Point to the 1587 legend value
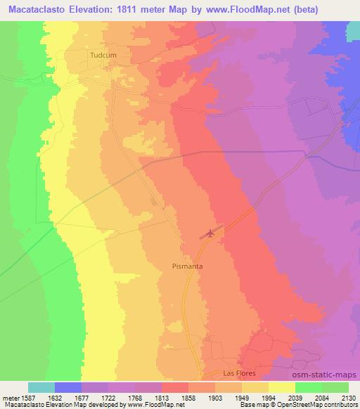pyautogui.click(x=27, y=396)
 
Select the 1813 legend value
pyautogui.click(x=162, y=396)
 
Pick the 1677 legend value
pyautogui.click(x=82, y=396)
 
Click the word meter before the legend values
pyautogui.click(x=8, y=396)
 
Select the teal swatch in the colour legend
pyautogui.click(x=41, y=387)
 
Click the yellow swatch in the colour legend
pyautogui.click(x=282, y=387)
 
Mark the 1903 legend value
pyautogui.click(x=215, y=396)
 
